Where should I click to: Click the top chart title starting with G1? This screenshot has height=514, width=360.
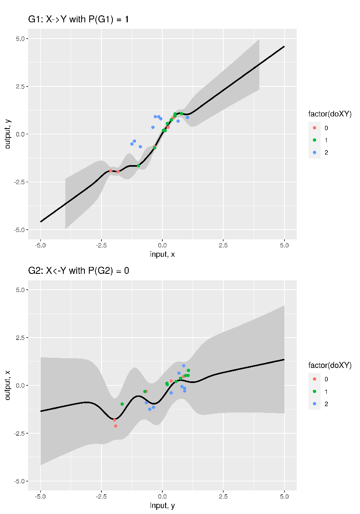78,19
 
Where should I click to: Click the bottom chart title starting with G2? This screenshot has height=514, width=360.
78,271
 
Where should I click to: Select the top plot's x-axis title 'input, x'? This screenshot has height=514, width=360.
162,254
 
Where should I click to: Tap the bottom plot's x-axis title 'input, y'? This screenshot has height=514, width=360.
162,505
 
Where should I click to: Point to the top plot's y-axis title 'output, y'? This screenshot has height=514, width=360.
7,134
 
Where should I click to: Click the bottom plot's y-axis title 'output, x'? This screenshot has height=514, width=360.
7,385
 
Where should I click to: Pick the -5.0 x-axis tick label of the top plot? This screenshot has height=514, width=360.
40,245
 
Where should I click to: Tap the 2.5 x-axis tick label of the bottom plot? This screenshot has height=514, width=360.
223,496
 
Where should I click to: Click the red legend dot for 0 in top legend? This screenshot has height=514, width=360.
315,128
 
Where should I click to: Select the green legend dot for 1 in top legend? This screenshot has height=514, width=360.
315,140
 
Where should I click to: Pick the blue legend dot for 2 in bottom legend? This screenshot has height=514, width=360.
315,404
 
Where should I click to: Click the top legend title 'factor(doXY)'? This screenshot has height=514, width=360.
330,114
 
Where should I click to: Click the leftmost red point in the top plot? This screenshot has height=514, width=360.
110,171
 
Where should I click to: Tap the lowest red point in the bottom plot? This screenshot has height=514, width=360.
116,426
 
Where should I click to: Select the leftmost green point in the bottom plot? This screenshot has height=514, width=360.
122,404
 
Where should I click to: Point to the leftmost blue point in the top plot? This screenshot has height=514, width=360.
132,144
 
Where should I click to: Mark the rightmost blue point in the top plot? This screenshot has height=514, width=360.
188,117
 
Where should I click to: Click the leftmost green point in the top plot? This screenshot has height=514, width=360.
138,166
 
